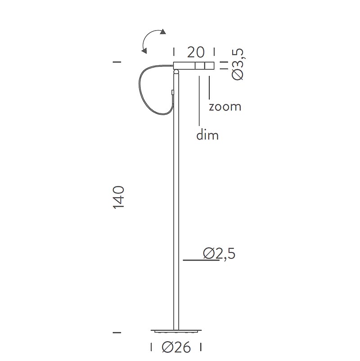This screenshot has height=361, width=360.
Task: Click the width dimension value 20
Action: coord(196,52)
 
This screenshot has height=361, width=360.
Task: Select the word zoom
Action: coord(225,107)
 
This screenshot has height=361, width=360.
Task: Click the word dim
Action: coord(207,135)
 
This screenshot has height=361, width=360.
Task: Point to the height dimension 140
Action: coord(118,197)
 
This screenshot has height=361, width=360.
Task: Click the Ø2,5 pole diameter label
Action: coord(219,254)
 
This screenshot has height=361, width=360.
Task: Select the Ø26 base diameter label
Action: coord(176,347)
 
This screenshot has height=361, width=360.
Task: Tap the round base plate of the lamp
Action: coord(176,332)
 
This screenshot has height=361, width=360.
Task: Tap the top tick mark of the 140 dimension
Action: coord(117,62)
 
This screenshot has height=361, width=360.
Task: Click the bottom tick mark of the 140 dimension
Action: coord(117,333)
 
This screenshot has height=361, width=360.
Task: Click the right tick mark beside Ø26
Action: coord(201,347)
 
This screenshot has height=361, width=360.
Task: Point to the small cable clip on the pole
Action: coord(173,92)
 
